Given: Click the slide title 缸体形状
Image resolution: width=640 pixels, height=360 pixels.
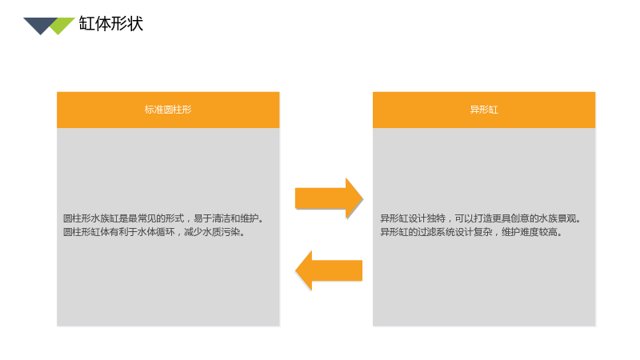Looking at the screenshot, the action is click(110, 24).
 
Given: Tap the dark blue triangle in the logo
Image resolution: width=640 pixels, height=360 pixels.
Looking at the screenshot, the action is click(39, 25).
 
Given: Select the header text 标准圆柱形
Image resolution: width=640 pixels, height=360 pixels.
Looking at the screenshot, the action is click(168, 110).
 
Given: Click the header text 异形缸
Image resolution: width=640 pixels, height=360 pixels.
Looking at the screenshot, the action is click(484, 110).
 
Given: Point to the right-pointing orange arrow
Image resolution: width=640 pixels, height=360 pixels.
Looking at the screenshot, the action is click(329, 198).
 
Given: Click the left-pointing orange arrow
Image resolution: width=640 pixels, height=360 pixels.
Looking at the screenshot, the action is click(329, 270).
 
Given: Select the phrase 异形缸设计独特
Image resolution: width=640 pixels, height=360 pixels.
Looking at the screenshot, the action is click(413, 218).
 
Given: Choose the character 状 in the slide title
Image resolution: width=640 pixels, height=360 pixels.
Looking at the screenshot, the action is click(135, 24).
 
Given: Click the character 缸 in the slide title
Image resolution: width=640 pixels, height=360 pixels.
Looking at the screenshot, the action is click(86, 24).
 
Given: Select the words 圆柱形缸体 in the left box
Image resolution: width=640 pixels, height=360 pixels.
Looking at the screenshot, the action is click(86, 232).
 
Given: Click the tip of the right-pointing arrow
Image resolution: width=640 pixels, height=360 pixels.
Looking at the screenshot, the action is click(362, 198).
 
